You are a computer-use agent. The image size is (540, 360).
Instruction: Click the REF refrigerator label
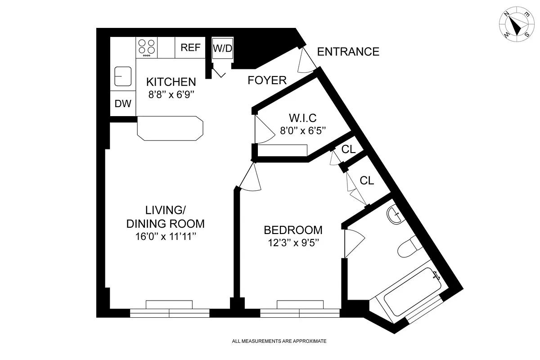pos(190,48)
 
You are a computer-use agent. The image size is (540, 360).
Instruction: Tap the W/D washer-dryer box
pos(222,48)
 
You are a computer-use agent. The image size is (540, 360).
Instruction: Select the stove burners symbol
pos(147,47)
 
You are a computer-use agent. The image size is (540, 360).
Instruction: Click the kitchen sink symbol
pos(122,76)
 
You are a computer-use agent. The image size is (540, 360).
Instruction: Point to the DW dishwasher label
pos(123,104)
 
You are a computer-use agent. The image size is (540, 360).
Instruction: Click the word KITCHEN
pos(171,82)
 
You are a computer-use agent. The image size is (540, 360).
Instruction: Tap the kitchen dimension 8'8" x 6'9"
pos(171,94)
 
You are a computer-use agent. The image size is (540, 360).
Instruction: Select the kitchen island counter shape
pos(170,128)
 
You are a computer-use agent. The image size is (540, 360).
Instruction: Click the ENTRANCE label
pos(348,52)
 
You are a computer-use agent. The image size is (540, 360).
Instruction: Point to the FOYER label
pos(267,81)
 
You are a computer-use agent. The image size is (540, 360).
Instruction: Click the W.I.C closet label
pos(302,118)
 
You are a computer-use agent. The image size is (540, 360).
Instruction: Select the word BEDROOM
pos(293,230)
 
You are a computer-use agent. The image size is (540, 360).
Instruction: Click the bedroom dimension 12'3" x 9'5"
pos(293,243)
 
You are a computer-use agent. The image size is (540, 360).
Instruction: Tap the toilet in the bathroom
pos(409,246)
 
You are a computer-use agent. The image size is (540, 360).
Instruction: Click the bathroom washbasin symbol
pos(395,214)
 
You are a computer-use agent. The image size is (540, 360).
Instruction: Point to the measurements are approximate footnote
pos(279,341)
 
